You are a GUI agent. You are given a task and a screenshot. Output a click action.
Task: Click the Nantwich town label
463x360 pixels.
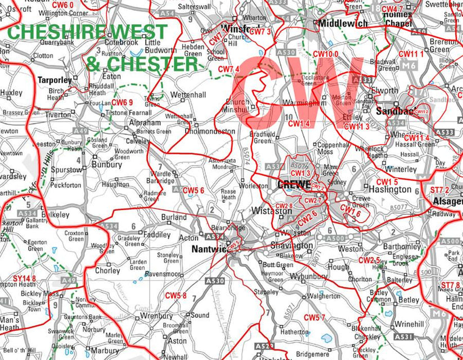pyautogui.click(x=209, y=249)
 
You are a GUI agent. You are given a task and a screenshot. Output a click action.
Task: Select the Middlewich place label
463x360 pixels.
pyautogui.click(x=343, y=24)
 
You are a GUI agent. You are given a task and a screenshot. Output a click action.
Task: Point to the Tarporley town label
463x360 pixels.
pyautogui.click(x=55, y=80)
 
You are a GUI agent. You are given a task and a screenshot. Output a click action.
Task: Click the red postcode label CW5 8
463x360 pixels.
pyautogui.click(x=176, y=295)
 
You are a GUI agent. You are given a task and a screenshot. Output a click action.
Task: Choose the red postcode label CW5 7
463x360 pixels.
pyautogui.click(x=314, y=317)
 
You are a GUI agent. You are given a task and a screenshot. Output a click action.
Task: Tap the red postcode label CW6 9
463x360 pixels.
pyautogui.click(x=122, y=102)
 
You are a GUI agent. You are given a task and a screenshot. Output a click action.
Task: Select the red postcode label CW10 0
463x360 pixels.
pyautogui.click(x=326, y=54)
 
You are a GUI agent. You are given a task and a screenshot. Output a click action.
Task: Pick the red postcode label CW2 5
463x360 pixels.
pyautogui.click(x=369, y=260)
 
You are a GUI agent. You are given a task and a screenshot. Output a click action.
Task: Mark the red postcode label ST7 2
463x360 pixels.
pyautogui.click(x=439, y=190)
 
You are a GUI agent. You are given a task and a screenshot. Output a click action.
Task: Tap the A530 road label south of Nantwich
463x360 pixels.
pyautogui.click(x=215, y=281)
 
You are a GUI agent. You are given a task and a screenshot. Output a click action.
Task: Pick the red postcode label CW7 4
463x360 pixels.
pyautogui.click(x=229, y=69)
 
